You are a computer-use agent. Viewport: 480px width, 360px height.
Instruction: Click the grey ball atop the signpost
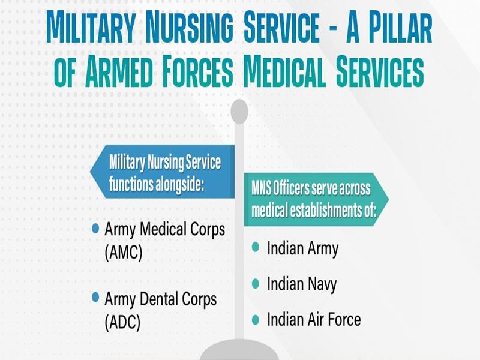tap(239, 110)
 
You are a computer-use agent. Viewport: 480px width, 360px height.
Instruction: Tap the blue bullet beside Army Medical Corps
tap(95, 229)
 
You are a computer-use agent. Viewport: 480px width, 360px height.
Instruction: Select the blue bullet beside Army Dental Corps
tap(95, 298)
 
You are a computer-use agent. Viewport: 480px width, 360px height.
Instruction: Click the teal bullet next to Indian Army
tap(256, 247)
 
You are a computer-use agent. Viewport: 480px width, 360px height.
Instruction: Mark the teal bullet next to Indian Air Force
tap(256, 319)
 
